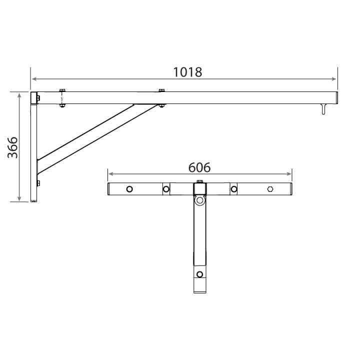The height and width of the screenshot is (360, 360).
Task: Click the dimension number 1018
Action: [x=187, y=72]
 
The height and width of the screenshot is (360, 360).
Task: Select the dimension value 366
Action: [x=12, y=147]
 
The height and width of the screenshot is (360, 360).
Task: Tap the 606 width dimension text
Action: [x=199, y=167]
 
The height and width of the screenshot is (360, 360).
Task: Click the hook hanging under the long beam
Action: [x=323, y=109]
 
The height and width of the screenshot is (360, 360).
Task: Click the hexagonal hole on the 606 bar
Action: [x=270, y=189]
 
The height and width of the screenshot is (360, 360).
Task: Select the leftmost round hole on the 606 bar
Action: [x=129, y=189]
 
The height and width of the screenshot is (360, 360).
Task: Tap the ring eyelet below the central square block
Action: [x=199, y=200]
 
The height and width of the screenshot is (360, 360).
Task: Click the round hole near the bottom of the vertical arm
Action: [x=199, y=274]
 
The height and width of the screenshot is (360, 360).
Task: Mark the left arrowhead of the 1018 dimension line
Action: [x=34, y=79]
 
